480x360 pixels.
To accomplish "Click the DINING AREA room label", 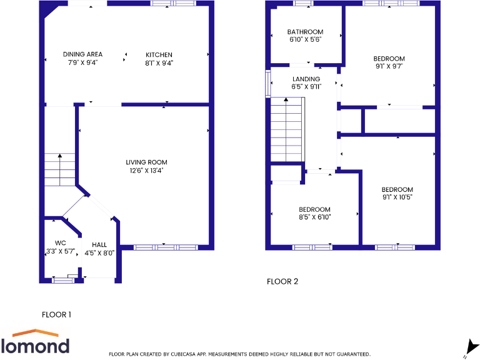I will (x=82, y=54).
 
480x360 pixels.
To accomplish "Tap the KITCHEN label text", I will (x=159, y=54).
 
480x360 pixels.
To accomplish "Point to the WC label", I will (x=61, y=243).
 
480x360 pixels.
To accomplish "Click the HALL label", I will (x=99, y=244).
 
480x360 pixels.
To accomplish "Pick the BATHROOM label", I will (x=305, y=32).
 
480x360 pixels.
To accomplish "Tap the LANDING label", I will (x=306, y=79).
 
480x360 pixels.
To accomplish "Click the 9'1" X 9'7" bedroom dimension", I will (x=389, y=67).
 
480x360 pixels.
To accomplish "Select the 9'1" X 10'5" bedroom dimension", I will (x=397, y=197).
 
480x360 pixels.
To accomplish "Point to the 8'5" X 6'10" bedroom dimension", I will (x=314, y=217).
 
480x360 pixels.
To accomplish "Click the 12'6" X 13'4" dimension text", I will (x=146, y=170).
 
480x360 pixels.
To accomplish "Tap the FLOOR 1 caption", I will (x=56, y=314).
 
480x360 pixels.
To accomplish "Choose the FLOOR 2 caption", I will (x=282, y=281).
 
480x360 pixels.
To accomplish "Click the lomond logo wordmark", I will (x=35, y=346).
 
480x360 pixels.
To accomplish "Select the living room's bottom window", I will (x=164, y=247).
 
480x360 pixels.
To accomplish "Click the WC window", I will (x=62, y=281).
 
